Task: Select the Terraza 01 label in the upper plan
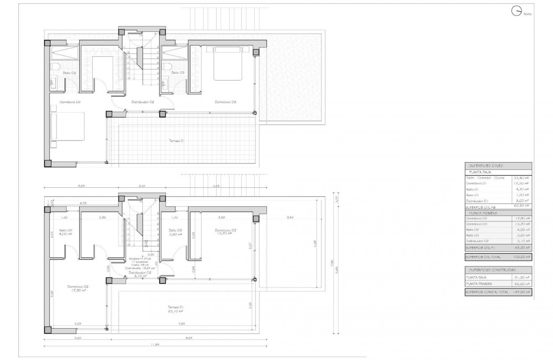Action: click(177, 141)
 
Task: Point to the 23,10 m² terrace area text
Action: click(176, 311)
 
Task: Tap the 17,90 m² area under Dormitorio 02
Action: click(78, 291)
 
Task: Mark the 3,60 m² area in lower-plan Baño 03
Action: click(175, 234)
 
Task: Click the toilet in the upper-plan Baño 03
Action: click(168, 66)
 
